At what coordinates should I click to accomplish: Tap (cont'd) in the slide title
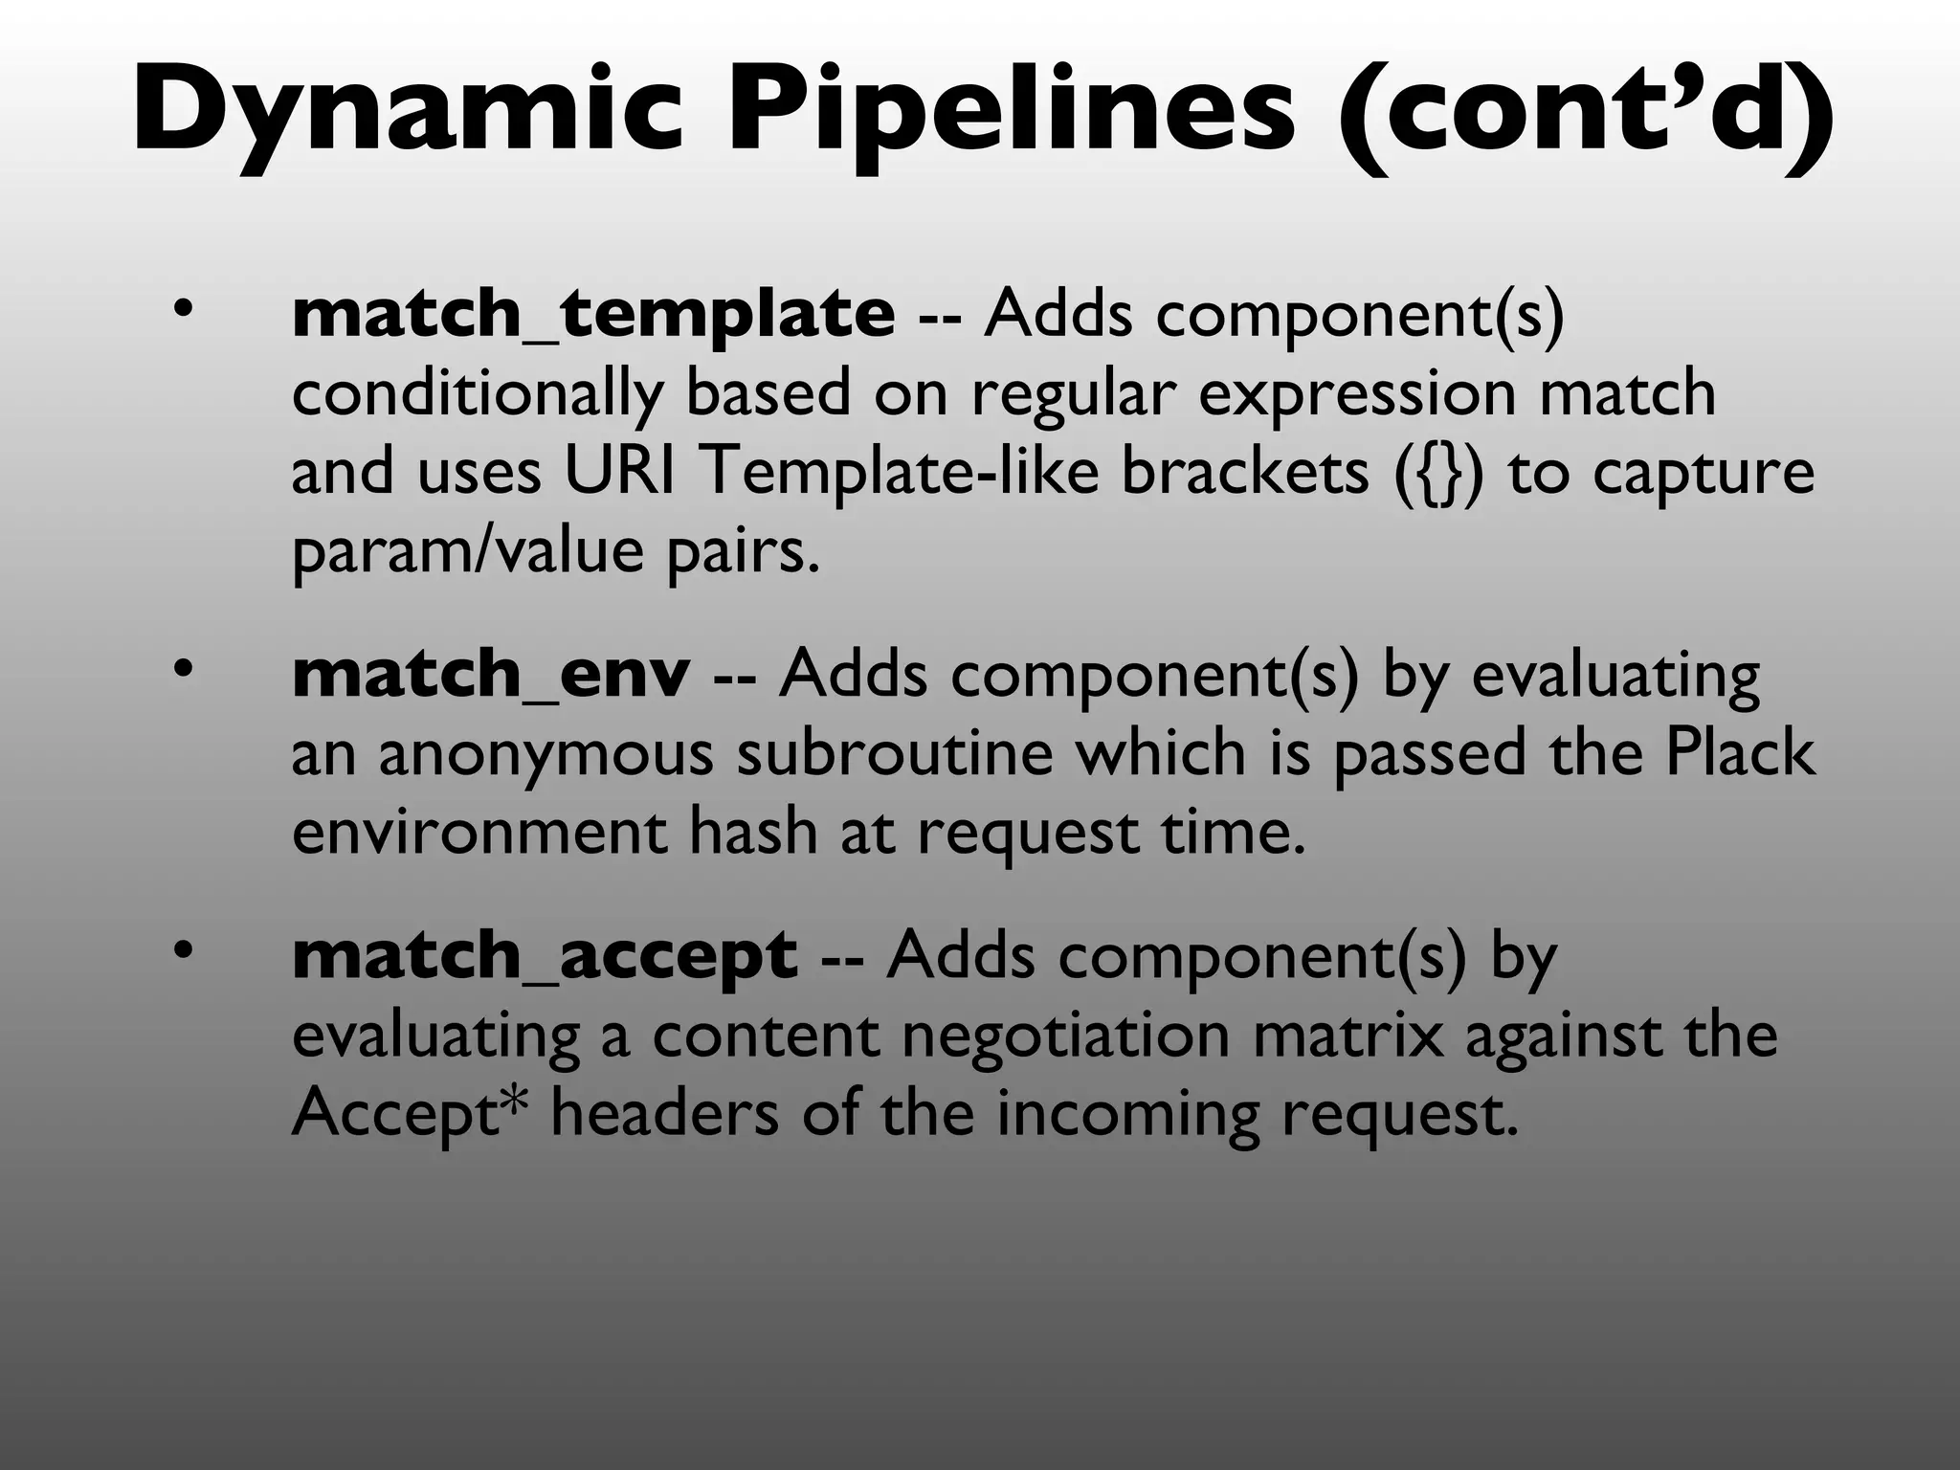1584,110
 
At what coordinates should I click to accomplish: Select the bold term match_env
490,674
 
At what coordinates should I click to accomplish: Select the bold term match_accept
544,955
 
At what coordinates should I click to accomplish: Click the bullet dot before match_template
183,308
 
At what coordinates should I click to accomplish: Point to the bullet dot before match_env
183,668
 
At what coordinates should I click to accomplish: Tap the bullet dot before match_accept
183,949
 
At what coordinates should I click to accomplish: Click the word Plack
1739,752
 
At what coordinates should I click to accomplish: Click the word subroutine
896,752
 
